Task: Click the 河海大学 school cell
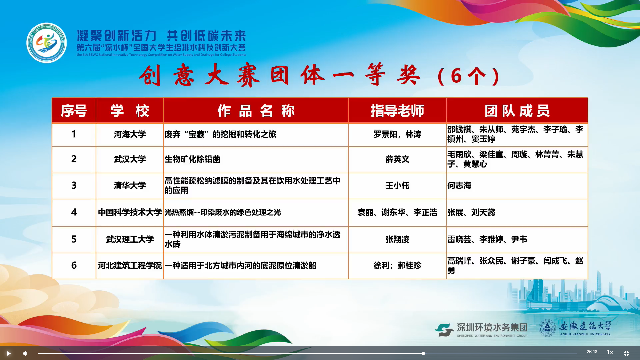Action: coord(130,135)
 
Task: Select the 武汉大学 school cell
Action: coord(130,160)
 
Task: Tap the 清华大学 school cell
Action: coord(130,186)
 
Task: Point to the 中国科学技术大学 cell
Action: coord(130,213)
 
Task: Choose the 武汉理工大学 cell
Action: coord(130,240)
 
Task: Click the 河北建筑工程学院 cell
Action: coord(130,266)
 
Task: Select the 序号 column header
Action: coord(74,111)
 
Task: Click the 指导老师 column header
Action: coord(397,111)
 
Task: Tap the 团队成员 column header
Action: coord(517,111)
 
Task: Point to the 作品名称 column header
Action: coord(256,111)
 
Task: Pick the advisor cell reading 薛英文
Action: coord(397,160)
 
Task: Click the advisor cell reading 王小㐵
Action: coord(397,186)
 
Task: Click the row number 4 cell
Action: coord(74,213)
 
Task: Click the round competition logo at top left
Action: coord(47,43)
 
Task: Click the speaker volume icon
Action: coord(25,353)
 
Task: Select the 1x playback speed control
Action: coord(610,352)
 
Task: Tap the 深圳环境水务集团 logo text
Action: coord(492,328)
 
